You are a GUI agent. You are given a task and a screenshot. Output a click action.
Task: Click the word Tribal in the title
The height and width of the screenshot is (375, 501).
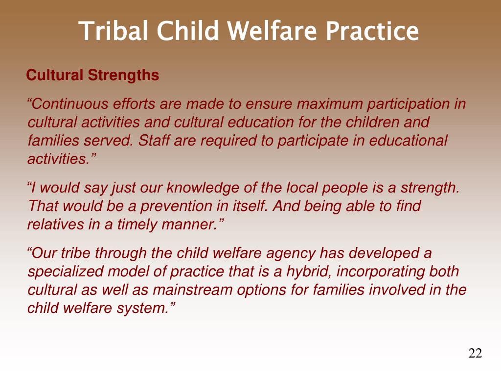tap(114, 31)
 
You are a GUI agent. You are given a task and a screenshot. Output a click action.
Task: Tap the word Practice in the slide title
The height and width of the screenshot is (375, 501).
tap(372, 31)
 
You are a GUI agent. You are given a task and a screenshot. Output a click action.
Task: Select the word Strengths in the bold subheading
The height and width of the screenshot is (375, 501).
tap(123, 76)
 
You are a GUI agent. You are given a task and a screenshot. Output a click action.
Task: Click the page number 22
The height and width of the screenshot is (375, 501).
tap(475, 353)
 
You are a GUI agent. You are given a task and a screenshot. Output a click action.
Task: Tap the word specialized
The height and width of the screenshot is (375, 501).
tap(66, 272)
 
